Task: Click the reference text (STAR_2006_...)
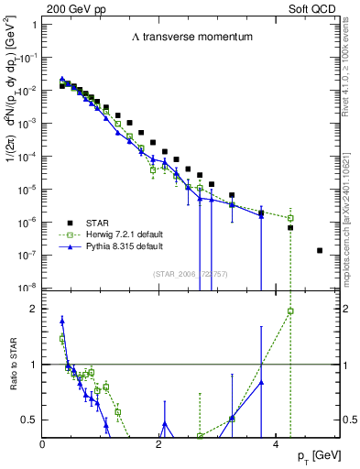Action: click(183, 274)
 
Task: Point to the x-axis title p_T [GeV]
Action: click(311, 455)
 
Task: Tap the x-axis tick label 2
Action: click(159, 442)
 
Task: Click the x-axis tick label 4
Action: click(276, 442)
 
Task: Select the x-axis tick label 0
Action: click(43, 442)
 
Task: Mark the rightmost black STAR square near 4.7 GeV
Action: click(320, 250)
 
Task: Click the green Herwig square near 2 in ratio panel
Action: click(290, 311)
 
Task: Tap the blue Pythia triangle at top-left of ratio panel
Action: click(61, 321)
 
